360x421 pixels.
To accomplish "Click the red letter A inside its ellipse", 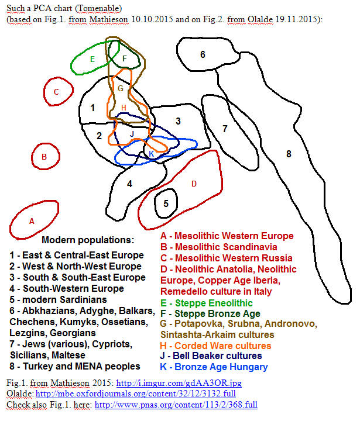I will click(32, 221).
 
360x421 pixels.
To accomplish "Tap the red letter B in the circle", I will click(43, 157).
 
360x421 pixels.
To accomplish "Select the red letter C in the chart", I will click(56, 92).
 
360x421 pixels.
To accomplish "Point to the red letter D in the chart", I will click(194, 184).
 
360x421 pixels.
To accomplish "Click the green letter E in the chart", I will click(92, 59).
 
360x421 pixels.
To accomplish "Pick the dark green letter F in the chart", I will click(124, 58).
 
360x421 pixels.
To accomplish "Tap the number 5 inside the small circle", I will click(166, 204).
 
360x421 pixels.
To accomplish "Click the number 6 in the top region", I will click(203, 55).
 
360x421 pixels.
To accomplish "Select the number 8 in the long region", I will click(289, 154).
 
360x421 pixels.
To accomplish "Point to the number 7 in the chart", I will click(224, 129).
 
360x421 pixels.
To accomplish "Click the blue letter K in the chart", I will click(152, 154).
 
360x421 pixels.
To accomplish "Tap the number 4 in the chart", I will click(129, 184).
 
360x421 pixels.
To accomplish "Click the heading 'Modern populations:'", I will click(88, 240).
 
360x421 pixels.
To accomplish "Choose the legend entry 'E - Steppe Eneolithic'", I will click(206, 303).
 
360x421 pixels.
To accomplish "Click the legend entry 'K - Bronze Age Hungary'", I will click(214, 367).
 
